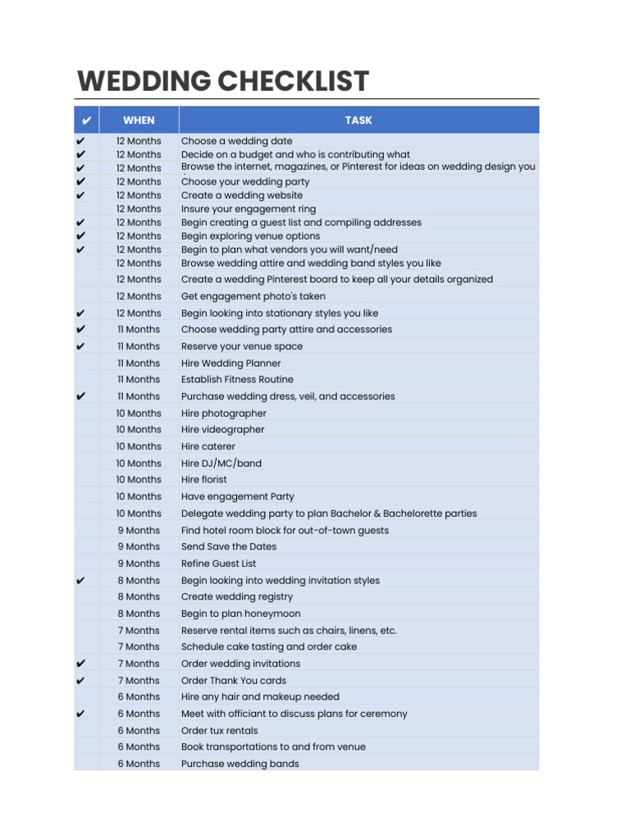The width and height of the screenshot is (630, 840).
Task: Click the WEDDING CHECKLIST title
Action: (x=223, y=82)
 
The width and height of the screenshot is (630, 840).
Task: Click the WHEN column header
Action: (x=139, y=120)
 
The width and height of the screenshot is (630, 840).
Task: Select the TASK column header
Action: (x=358, y=120)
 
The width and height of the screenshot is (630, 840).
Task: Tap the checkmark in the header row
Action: (x=86, y=121)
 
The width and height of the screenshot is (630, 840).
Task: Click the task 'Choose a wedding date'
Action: (x=236, y=141)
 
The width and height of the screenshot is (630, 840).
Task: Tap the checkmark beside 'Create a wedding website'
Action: (x=80, y=195)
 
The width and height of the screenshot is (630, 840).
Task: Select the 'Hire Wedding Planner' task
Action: (x=231, y=363)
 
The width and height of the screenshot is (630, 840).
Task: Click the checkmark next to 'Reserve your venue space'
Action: (x=80, y=346)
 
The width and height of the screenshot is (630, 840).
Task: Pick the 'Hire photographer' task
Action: (x=223, y=413)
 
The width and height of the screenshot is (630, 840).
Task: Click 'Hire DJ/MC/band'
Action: (x=221, y=463)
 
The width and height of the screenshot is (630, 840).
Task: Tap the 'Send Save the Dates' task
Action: (x=228, y=546)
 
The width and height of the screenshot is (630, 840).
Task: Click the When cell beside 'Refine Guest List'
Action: (x=139, y=564)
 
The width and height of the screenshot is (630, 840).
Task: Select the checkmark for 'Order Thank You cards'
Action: (x=80, y=680)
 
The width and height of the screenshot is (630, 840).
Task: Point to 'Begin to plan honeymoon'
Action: (x=240, y=614)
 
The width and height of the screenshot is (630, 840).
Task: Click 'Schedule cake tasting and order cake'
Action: (x=268, y=646)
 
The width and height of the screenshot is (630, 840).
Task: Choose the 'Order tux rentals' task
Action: (x=219, y=730)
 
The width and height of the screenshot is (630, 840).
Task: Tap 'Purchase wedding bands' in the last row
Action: (x=240, y=764)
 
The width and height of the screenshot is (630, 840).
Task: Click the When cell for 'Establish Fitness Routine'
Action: (x=139, y=380)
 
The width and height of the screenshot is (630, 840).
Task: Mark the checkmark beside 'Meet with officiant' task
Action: (x=80, y=714)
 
